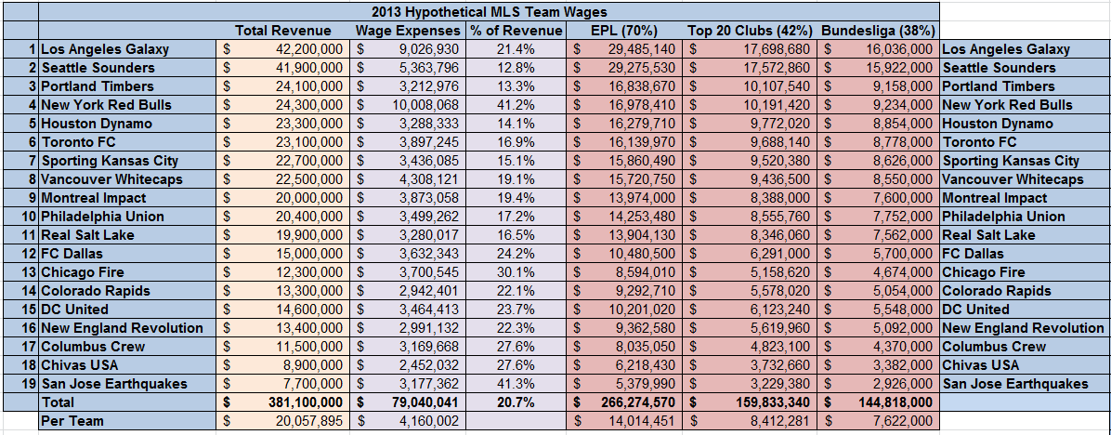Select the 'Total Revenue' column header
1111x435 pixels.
(283, 31)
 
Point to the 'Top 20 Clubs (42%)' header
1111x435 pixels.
(751, 31)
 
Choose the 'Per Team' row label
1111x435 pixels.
(72, 421)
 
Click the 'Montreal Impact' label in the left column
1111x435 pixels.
(96, 198)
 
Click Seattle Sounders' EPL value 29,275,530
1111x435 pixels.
(640, 68)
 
